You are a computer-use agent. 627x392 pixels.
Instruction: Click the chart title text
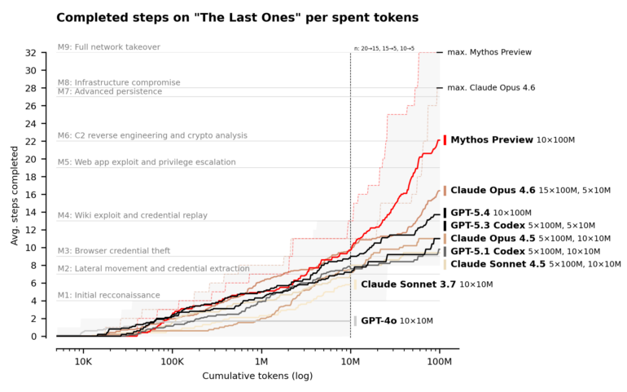point(237,17)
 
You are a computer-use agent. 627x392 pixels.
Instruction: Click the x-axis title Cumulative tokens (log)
point(257,376)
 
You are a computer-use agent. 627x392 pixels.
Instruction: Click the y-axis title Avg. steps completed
point(15,196)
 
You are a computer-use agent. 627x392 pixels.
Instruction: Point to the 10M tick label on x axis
point(350,360)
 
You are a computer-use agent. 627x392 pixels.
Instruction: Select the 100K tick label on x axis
point(172,360)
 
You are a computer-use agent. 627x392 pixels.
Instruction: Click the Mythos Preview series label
point(491,140)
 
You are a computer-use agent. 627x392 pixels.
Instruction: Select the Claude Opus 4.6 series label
point(493,190)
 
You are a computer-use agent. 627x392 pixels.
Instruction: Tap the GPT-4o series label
point(379,321)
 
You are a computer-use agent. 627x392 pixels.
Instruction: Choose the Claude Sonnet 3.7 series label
point(408,284)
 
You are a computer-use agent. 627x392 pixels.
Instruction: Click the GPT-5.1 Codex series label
point(487,251)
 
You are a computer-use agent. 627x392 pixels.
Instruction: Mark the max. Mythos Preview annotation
point(489,52)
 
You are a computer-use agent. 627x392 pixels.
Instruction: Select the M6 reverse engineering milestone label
point(152,135)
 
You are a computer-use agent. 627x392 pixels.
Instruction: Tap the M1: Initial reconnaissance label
point(108,295)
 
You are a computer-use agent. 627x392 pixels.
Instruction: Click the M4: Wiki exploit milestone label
point(132,215)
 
